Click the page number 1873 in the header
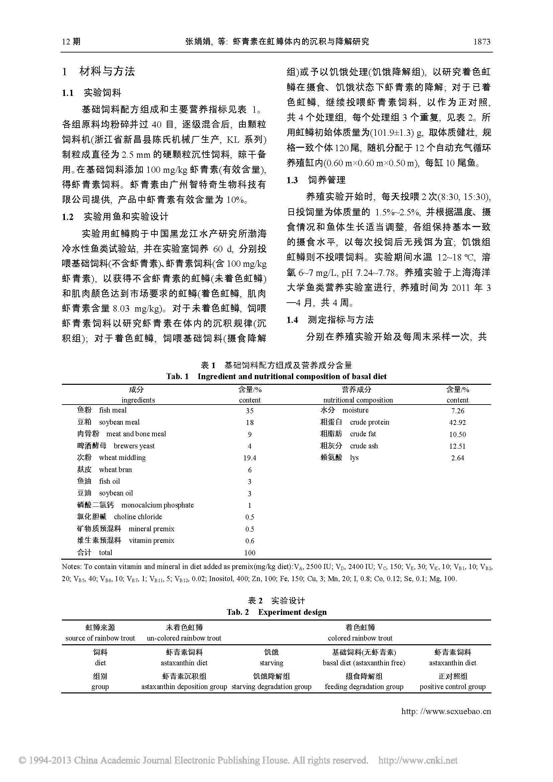tap(481, 42)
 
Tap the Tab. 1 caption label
tap(177, 376)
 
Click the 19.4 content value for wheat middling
tap(250, 458)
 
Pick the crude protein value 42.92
tap(457, 423)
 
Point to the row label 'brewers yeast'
tap(134, 446)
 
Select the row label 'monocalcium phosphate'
tap(157, 505)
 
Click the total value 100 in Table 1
tap(250, 553)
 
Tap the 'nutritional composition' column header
tap(358, 400)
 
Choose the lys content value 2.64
tap(457, 458)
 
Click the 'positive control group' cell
tap(453, 687)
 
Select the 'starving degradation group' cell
tap(271, 687)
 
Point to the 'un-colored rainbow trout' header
tap(184, 638)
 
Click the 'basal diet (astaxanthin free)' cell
tap(364, 663)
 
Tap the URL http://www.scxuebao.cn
tap(446, 711)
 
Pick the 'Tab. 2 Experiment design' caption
tap(276, 612)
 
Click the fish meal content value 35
tap(250, 411)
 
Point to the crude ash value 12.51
tap(457, 446)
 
